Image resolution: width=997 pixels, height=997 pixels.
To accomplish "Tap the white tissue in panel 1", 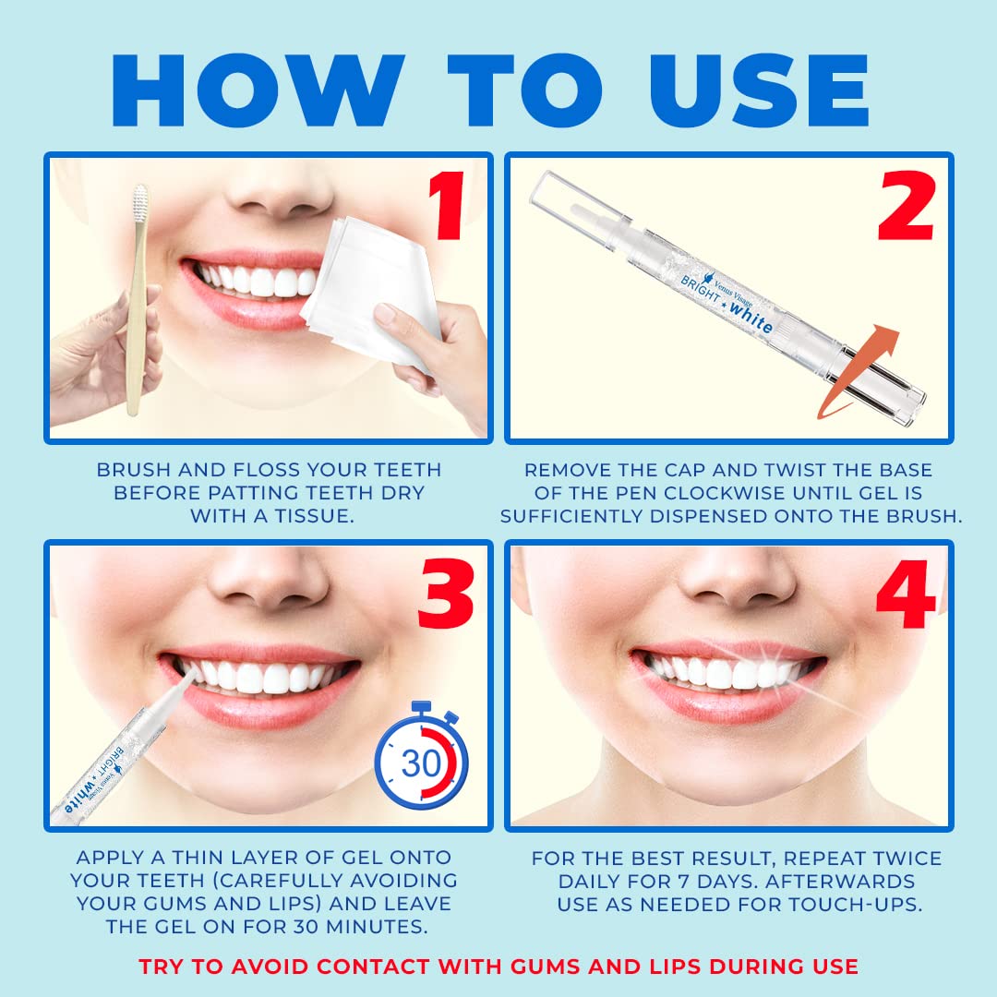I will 369,277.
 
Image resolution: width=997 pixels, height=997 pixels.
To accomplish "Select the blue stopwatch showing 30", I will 421,763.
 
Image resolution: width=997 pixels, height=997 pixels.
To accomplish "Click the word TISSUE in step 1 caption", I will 311,516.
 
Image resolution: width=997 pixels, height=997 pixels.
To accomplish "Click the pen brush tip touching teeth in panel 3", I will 190,679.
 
